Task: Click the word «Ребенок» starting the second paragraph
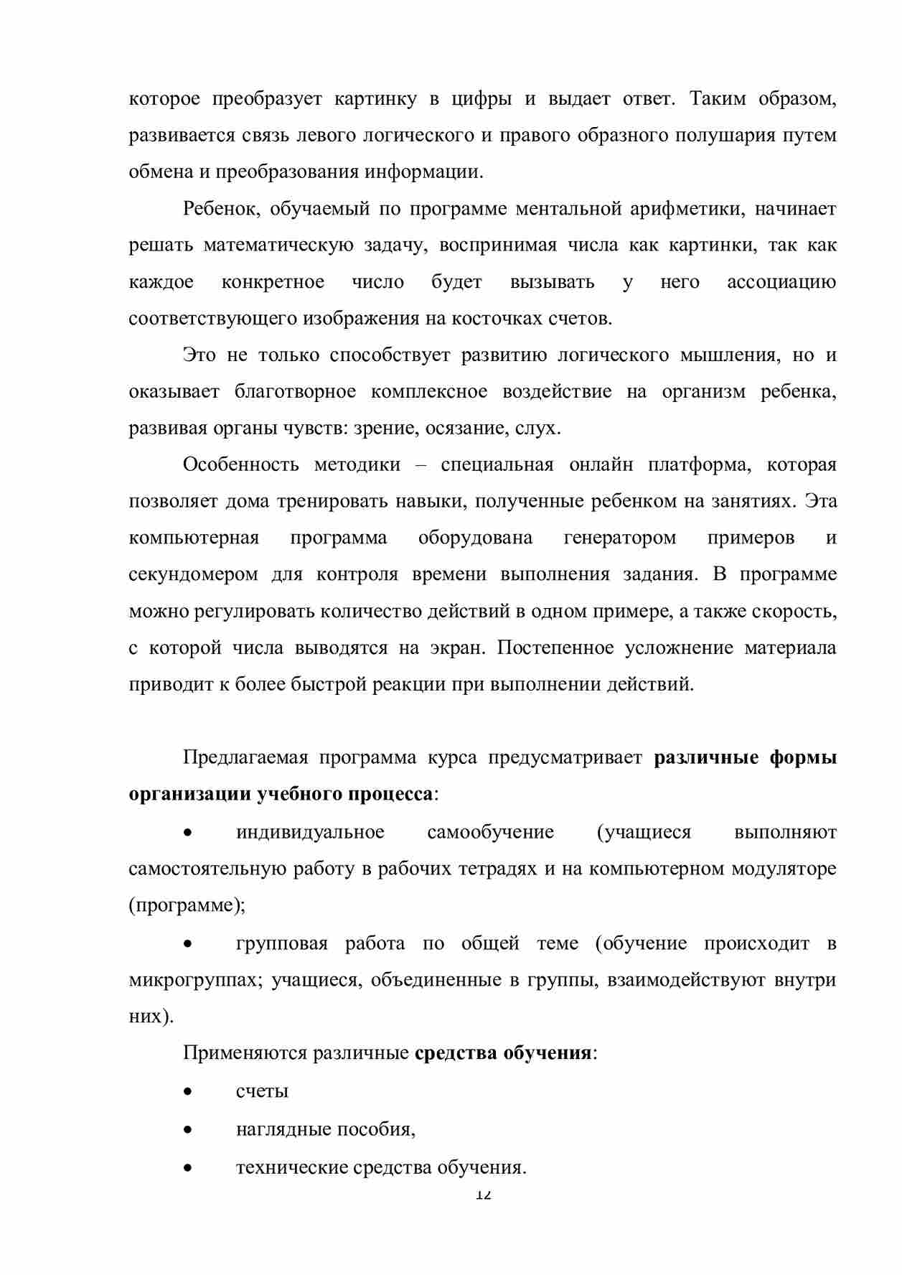tap(215, 209)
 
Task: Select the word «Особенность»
tap(240, 464)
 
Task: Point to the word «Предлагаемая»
tap(245, 758)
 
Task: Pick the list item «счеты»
tap(262, 1091)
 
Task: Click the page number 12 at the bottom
tap(483, 1195)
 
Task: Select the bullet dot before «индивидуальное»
tap(187, 833)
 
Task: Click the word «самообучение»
tap(490, 833)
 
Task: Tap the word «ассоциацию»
tap(781, 282)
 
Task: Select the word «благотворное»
tap(295, 392)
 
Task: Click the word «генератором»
tap(619, 538)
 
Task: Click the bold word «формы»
tap(803, 758)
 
